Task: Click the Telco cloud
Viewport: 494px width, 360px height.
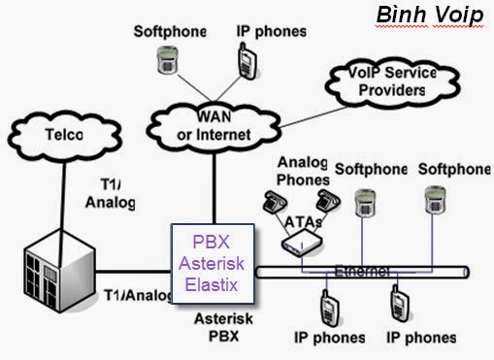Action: pos(61,137)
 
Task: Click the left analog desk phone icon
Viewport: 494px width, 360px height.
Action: pos(271,201)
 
